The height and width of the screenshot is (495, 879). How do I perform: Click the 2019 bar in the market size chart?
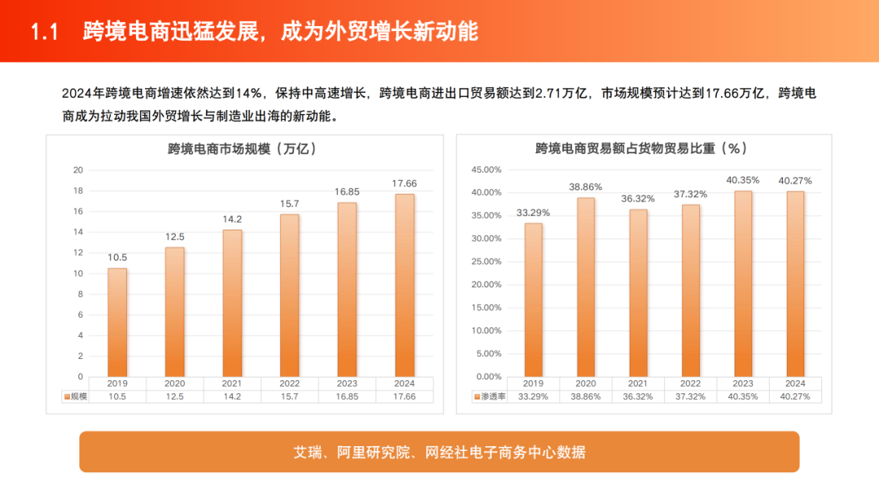pyautogui.click(x=117, y=322)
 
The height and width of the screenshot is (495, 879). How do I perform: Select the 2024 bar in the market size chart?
pyautogui.click(x=405, y=285)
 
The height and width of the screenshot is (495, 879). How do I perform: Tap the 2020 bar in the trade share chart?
pyautogui.click(x=586, y=287)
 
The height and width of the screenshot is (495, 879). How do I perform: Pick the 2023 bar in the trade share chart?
pyautogui.click(x=742, y=283)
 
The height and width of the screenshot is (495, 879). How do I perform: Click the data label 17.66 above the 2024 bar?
pyautogui.click(x=405, y=183)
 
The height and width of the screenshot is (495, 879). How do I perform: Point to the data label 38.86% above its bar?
pyautogui.click(x=586, y=186)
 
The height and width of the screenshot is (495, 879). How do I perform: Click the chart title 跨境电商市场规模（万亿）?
pyautogui.click(x=242, y=149)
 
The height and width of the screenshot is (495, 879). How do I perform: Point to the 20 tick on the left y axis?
pyautogui.click(x=78, y=170)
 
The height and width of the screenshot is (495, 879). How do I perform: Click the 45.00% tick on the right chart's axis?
pyautogui.click(x=487, y=170)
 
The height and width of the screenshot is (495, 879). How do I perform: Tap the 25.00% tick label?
pyautogui.click(x=487, y=262)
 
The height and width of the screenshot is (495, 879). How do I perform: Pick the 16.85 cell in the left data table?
pyautogui.click(x=348, y=396)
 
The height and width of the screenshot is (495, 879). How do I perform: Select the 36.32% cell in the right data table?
pyautogui.click(x=638, y=396)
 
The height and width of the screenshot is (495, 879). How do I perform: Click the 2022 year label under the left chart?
pyautogui.click(x=290, y=383)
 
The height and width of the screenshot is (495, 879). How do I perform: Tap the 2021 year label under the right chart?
pyautogui.click(x=638, y=383)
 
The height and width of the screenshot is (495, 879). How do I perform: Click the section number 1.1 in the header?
pyautogui.click(x=46, y=32)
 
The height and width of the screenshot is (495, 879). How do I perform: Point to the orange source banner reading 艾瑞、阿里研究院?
pyautogui.click(x=439, y=452)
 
